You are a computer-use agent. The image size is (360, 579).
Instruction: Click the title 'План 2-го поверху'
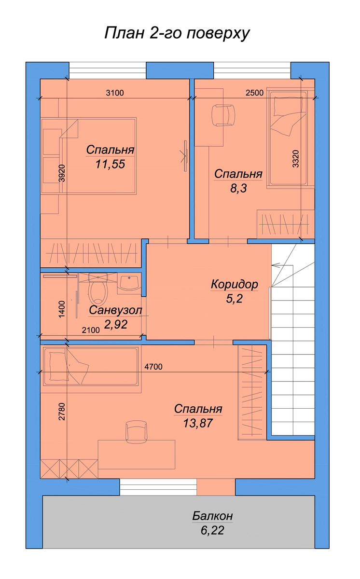177,34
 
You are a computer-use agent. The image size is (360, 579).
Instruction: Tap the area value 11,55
111,164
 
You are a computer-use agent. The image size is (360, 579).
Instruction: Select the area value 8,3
238,188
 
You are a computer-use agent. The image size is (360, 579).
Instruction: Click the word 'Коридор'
235,284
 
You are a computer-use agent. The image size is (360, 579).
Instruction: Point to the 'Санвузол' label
115,310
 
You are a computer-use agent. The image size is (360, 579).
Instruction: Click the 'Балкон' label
212,516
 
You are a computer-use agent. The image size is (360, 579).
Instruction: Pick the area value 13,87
198,424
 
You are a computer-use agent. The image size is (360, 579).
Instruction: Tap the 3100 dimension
115,93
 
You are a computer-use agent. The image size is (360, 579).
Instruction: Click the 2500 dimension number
255,93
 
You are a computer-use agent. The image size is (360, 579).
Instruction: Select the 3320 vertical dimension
296,159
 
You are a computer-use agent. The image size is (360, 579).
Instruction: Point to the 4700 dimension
153,367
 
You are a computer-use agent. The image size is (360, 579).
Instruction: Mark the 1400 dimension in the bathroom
62,309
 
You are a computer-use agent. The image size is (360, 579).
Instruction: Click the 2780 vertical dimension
62,412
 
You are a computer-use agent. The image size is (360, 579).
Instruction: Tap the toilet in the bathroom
98,289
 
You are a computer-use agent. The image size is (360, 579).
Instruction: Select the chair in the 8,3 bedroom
223,115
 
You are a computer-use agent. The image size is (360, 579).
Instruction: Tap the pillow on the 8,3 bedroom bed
288,107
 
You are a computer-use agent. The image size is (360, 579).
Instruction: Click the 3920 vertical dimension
62,173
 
